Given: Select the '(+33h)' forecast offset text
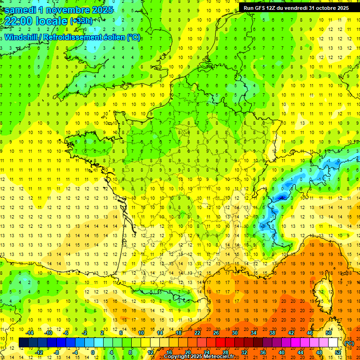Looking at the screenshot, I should coord(81,21).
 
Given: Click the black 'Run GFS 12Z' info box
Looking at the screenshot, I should coord(296,8).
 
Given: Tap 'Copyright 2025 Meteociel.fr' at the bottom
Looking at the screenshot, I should coord(199,357).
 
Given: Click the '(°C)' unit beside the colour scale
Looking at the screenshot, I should coord(349,343).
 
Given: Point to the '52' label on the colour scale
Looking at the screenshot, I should coord(338,352).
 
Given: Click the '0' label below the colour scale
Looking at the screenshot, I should coord(93,352).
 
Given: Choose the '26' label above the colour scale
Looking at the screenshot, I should coord(216,332).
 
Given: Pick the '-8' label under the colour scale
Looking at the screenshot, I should coord(57,352).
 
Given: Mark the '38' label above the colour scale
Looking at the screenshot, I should coord(272,332).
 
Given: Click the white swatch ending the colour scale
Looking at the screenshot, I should coord(333,343).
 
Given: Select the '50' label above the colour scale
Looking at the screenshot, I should coord(329,332).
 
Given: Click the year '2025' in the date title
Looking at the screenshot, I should coord(100,10).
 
